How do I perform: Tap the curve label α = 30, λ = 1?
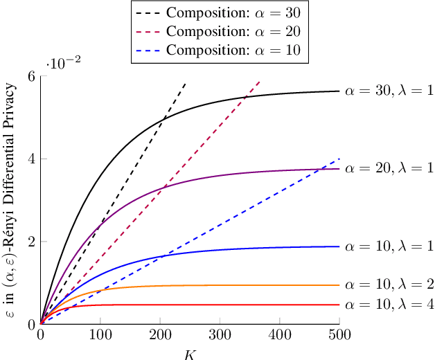point(389,91)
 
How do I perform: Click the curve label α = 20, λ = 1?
point(389,168)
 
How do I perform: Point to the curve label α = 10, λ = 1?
point(389,246)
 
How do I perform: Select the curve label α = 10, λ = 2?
point(389,285)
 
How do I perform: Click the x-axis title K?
point(190,354)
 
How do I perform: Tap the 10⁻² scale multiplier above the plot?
point(64,63)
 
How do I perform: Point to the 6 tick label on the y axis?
point(32,75)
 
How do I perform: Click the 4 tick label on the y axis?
point(32,159)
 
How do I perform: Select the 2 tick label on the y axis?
point(32,242)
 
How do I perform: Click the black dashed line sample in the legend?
point(150,12)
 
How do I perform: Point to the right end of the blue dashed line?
point(339,159)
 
